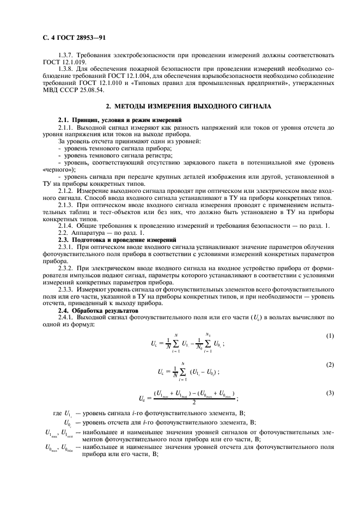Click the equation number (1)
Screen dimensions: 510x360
[329, 336]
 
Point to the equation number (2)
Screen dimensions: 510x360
[329, 363]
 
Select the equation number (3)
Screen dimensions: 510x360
[329, 392]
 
